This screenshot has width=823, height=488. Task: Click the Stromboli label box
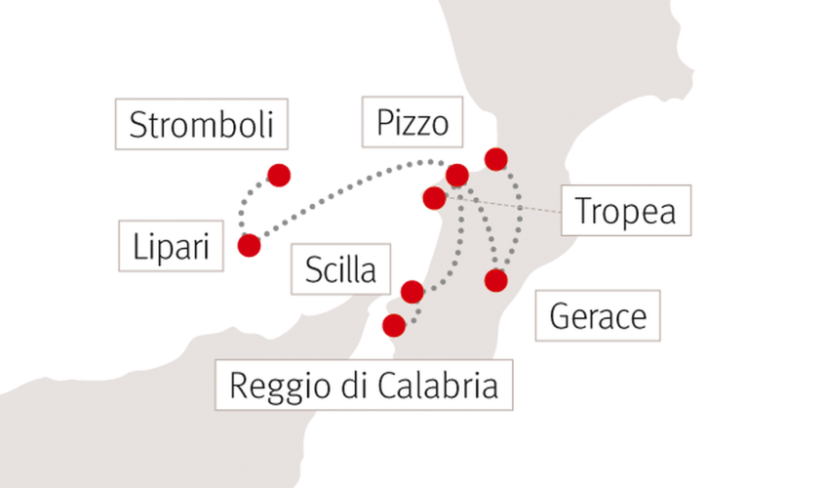pos(202,124)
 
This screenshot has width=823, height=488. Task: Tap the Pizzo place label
pos(412,122)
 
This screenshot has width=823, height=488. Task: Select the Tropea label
pos(626,210)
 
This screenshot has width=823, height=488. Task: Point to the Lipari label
pos(171,246)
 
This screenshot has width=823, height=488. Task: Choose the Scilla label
pos(341,269)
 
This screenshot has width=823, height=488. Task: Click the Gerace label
pos(598,315)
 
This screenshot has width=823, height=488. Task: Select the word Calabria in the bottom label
pos(438,386)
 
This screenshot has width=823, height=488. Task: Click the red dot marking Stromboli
pos(279,176)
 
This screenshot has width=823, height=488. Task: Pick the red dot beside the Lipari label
pos(249,245)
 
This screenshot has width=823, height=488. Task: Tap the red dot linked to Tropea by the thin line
pos(434,198)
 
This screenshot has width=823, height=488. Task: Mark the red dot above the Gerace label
pos(496,280)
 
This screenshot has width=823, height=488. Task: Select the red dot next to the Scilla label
pos(412,292)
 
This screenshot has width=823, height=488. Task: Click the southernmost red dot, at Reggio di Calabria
pos(394,326)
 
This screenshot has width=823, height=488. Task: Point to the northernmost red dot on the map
pos(496,159)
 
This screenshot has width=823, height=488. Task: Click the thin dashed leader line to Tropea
pos(504,205)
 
